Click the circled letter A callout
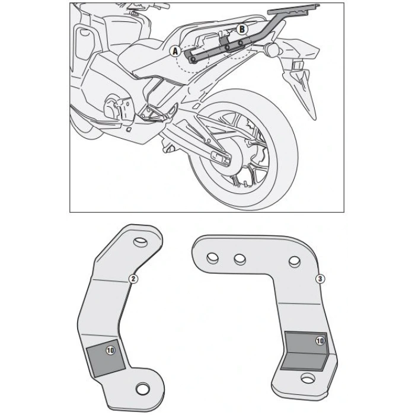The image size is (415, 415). pyautogui.click(x=175, y=52)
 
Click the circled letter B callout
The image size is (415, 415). pyautogui.click(x=241, y=28)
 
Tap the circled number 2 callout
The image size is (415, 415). pyautogui.click(x=134, y=278)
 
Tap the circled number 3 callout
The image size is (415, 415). pyautogui.click(x=321, y=277)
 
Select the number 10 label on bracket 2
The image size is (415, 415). pyautogui.click(x=110, y=350)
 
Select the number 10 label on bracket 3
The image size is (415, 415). pyautogui.click(x=320, y=341)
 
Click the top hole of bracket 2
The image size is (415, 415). pyautogui.click(x=140, y=242)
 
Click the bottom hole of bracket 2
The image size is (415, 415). pyautogui.click(x=142, y=388)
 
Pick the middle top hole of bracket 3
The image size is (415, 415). pyautogui.click(x=239, y=258)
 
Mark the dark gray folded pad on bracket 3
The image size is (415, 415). pyautogui.click(x=305, y=350)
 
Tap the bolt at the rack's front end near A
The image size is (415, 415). pyautogui.click(x=194, y=59)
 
